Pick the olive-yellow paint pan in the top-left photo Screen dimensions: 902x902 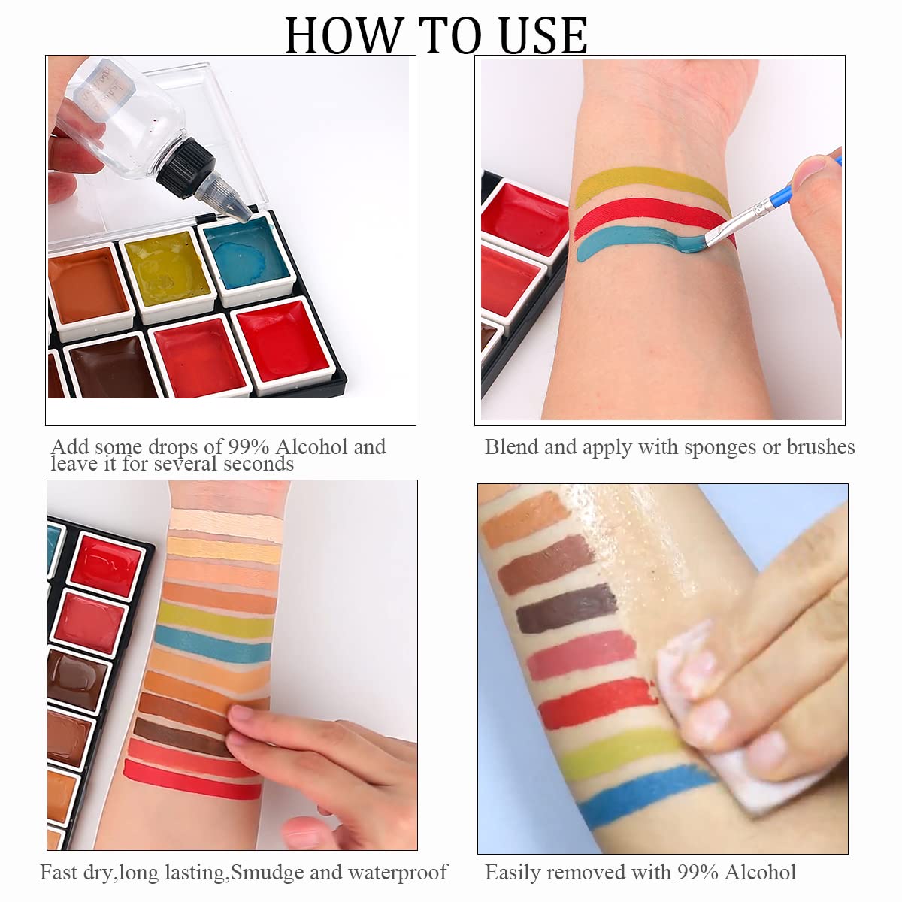167,274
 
